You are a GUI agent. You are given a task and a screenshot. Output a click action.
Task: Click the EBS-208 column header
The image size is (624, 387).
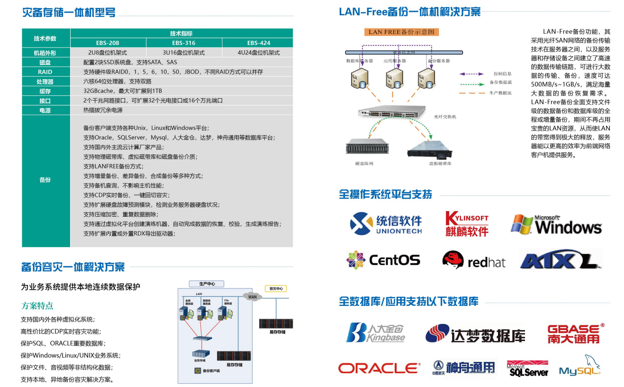coord(108,43)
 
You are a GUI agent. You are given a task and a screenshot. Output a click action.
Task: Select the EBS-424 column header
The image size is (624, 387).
coord(258,43)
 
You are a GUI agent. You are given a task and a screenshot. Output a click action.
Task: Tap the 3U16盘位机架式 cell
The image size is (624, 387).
coord(184,53)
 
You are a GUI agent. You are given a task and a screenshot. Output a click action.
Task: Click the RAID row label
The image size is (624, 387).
coord(45,72)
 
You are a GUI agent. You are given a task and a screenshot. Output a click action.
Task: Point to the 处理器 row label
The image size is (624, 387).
coord(45,82)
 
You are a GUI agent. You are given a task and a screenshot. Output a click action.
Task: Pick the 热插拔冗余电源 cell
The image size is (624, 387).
coord(103,110)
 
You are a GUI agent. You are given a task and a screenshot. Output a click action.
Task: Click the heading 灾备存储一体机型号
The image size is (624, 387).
coord(69,13)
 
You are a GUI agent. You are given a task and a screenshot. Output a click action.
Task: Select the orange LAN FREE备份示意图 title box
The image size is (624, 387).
coord(401,32)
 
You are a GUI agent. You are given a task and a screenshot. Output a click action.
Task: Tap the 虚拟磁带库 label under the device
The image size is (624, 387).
coord(440,163)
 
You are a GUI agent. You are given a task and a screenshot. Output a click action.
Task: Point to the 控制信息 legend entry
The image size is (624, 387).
coord(502,74)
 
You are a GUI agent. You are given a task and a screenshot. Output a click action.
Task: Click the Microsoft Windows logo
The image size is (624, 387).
coord(556,224)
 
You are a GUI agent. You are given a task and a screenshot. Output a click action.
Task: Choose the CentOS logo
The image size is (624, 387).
coord(383,260)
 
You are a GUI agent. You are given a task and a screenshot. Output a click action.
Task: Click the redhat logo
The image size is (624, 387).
coord(473,260)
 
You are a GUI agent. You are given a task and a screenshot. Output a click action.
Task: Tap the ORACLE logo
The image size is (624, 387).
coord(379,368)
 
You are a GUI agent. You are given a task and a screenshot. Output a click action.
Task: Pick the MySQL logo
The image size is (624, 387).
coord(579,366)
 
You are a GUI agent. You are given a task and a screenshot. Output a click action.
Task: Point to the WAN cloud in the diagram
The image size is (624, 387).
coord(252,297)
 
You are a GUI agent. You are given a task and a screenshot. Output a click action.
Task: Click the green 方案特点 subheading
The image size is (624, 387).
coord(37,305)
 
